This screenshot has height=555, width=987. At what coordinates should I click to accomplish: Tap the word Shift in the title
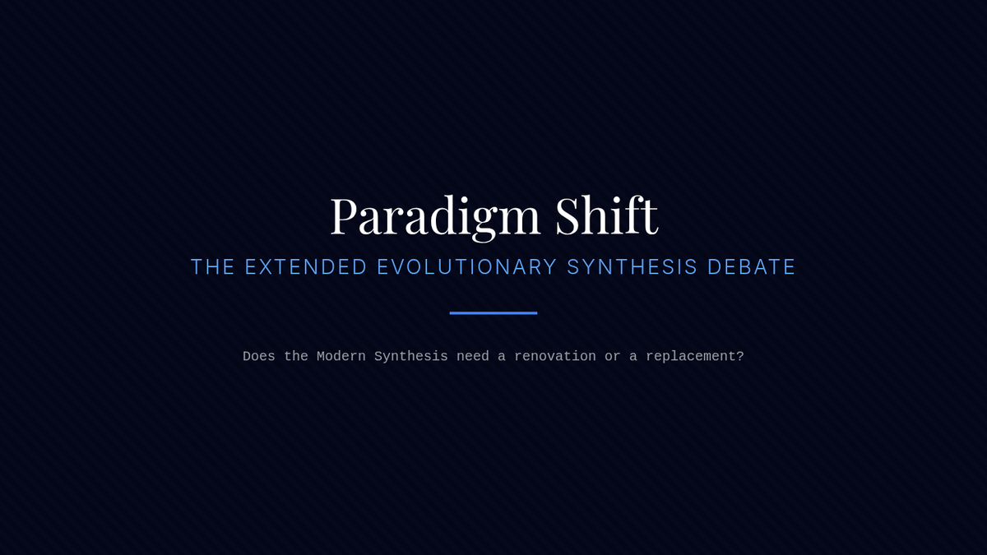[x=607, y=214]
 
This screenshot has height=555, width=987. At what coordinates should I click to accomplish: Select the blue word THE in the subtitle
[x=212, y=267]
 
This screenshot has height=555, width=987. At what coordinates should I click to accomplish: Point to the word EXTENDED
[x=306, y=267]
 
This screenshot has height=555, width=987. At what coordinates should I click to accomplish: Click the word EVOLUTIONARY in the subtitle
[x=467, y=267]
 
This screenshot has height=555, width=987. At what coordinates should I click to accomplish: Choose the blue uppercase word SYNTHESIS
[x=633, y=267]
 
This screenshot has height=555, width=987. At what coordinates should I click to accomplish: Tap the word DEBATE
[x=751, y=267]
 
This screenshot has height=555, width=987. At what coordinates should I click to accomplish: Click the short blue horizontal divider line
[x=493, y=313]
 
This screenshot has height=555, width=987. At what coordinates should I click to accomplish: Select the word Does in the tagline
[x=259, y=356]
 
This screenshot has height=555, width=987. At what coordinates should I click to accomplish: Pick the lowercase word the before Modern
[x=296, y=356]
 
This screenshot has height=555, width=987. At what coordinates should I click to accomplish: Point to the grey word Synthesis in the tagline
[x=411, y=357]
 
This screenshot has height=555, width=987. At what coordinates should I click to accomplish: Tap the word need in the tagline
[x=473, y=356]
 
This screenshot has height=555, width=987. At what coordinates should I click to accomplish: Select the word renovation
[x=555, y=356]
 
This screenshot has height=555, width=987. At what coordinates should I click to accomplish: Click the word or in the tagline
[x=613, y=357]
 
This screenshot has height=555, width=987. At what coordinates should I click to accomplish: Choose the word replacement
[x=691, y=357]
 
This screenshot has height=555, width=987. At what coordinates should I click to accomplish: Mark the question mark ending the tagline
[x=739, y=356]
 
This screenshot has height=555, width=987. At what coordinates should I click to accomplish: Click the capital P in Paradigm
[x=344, y=215]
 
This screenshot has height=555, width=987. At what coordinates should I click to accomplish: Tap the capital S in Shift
[x=568, y=215]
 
